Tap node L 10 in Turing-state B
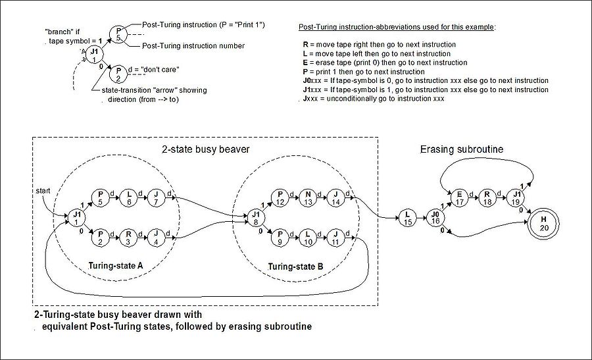point(309,237)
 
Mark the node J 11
point(336,237)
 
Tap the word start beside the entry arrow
point(43,191)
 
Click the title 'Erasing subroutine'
point(461,149)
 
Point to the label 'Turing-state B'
point(295,268)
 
